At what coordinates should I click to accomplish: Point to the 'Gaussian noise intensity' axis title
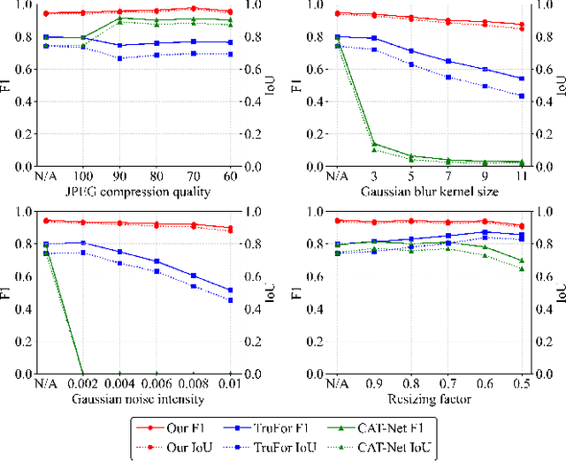tap(138, 399)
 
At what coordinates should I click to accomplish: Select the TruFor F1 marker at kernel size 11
tap(521, 78)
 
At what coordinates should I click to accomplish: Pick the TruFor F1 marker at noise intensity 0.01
tap(231, 290)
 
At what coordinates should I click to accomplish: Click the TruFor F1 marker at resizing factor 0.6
tap(484, 232)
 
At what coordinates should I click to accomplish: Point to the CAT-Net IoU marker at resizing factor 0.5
tap(521, 268)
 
